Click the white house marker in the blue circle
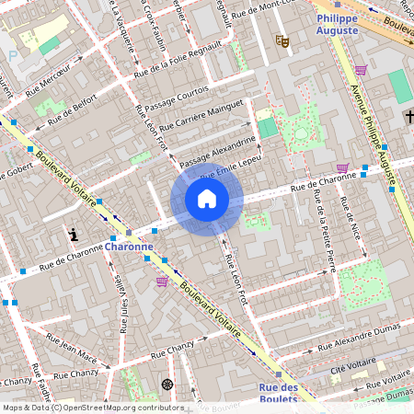[x=207, y=199]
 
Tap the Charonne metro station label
[x=129, y=247]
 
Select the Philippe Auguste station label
[x=338, y=25]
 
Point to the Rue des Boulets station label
[x=278, y=393]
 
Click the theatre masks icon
[x=282, y=40]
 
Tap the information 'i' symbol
[x=73, y=235]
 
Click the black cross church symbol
[x=408, y=117]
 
